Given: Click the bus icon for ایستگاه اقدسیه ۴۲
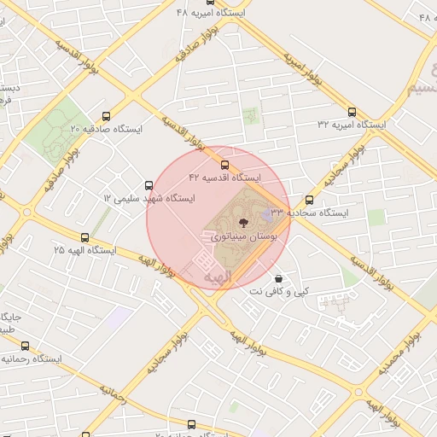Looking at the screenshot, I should click(x=224, y=165).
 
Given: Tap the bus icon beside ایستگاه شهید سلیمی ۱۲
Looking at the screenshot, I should click(x=149, y=185).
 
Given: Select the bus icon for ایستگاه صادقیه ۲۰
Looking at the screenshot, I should click(x=106, y=116).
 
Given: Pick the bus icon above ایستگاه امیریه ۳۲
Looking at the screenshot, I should click(x=352, y=112).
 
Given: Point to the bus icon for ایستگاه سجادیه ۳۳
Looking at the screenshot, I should click(x=309, y=200).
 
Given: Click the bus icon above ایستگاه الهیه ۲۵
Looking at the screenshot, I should click(x=84, y=237).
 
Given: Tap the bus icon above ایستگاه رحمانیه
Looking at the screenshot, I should click(x=25, y=347).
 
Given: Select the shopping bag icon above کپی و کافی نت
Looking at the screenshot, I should click(x=278, y=279).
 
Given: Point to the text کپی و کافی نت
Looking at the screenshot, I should click(x=278, y=292).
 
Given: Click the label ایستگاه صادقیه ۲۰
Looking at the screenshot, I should click(x=106, y=129).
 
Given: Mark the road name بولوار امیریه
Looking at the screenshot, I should click(x=301, y=64).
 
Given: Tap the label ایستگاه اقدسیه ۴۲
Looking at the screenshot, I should click(x=224, y=178).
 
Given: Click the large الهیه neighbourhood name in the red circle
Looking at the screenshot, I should click(x=218, y=277).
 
